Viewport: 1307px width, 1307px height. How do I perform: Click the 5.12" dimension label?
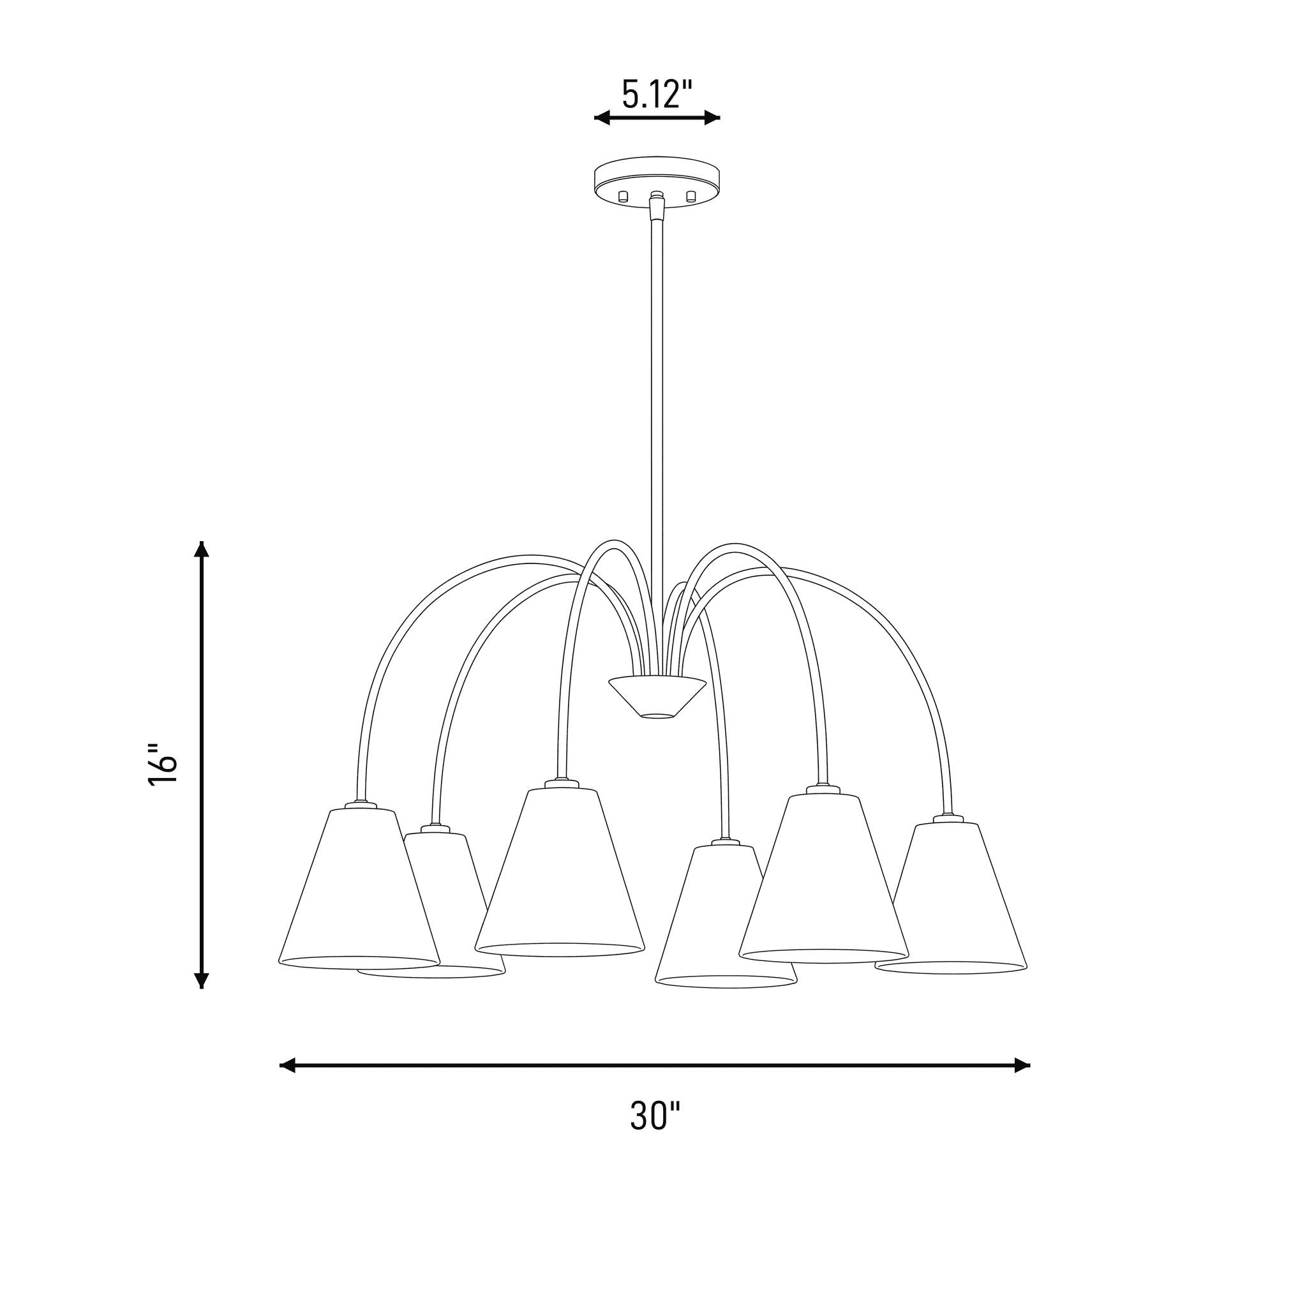point(657,94)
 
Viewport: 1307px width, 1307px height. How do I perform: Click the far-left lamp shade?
point(359,889)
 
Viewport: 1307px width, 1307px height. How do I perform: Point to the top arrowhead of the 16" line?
point(202,549)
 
